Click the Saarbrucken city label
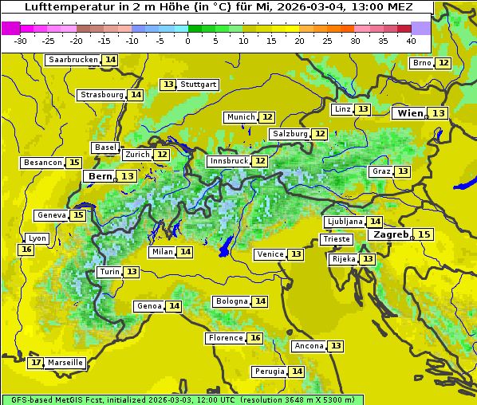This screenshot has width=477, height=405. pos(73,60)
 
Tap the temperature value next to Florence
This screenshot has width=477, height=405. pos(254,338)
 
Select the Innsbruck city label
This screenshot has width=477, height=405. pos(228,161)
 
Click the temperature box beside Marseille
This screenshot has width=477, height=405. pos(35,363)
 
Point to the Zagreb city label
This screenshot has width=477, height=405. pos(390,234)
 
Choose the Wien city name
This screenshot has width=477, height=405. pos(410,113)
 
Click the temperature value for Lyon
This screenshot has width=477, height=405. pos(26,250)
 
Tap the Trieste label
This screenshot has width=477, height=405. pos(335,239)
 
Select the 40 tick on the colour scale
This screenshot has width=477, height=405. pos(411,41)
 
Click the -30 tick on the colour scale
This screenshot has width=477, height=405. pos(21,41)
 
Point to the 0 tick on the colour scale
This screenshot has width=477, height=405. pos(188,41)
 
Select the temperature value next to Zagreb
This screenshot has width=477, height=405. pos(423,234)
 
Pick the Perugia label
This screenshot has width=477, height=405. pos(269,372)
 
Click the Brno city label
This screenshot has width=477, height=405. pos(421,63)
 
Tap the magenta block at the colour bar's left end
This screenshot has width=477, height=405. pos(10,28)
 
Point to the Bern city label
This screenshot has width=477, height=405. pos(100,176)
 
